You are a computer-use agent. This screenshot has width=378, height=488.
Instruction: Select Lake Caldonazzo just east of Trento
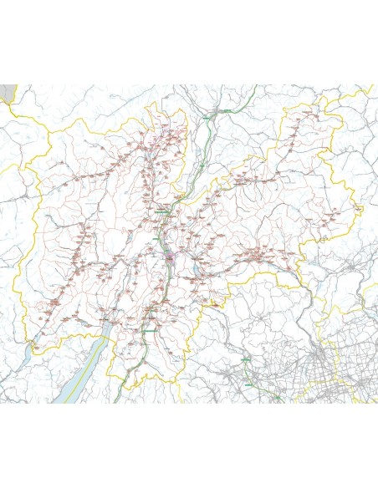point(198,270)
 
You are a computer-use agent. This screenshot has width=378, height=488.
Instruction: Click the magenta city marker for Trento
point(170,259)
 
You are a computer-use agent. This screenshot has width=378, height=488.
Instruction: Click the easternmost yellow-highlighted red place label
point(357,208)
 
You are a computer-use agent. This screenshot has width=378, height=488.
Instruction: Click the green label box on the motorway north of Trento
point(161,214)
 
